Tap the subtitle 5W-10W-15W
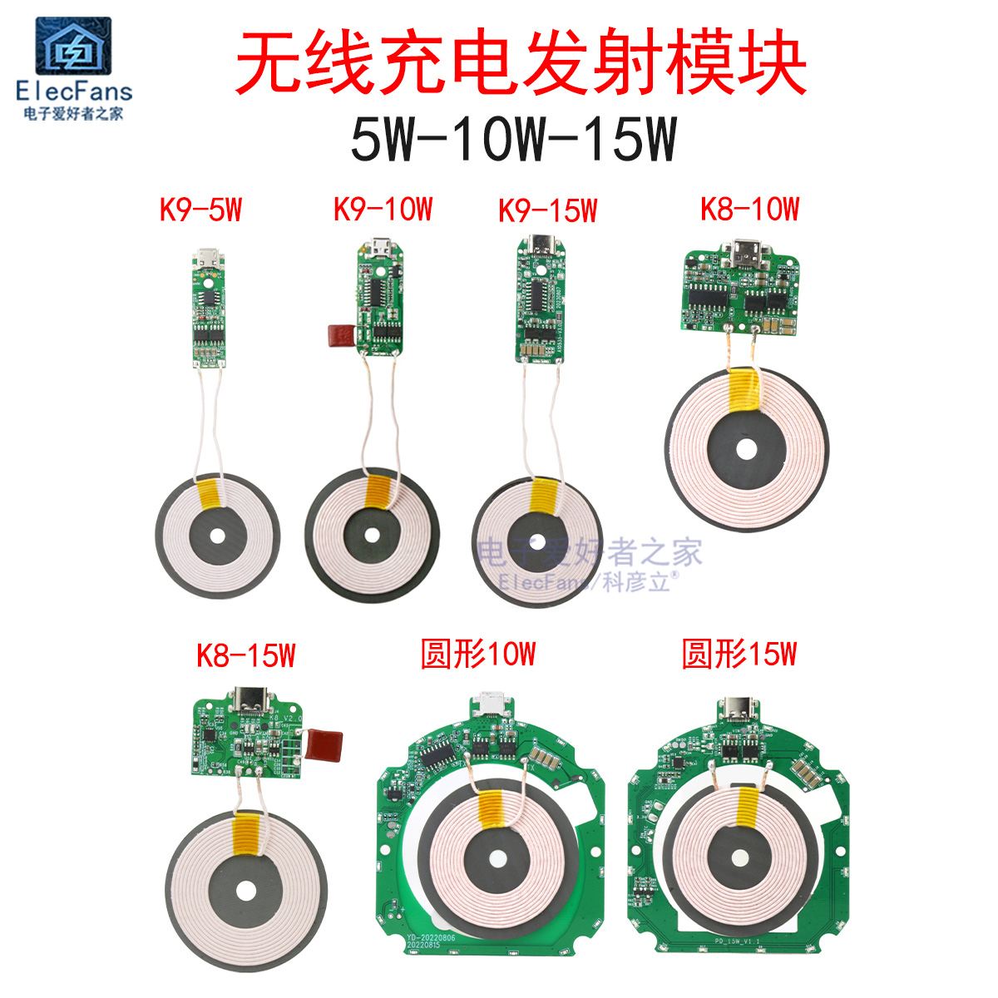coord(513,139)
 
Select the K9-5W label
coord(200,210)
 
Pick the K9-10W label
coord(383,210)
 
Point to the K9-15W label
coord(547,210)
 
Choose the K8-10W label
coord(749,209)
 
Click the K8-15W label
coord(245,655)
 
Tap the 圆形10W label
coord(478,655)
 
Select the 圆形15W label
coord(739,655)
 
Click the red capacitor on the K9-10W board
coord(339,335)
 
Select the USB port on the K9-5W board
coord(206,257)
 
